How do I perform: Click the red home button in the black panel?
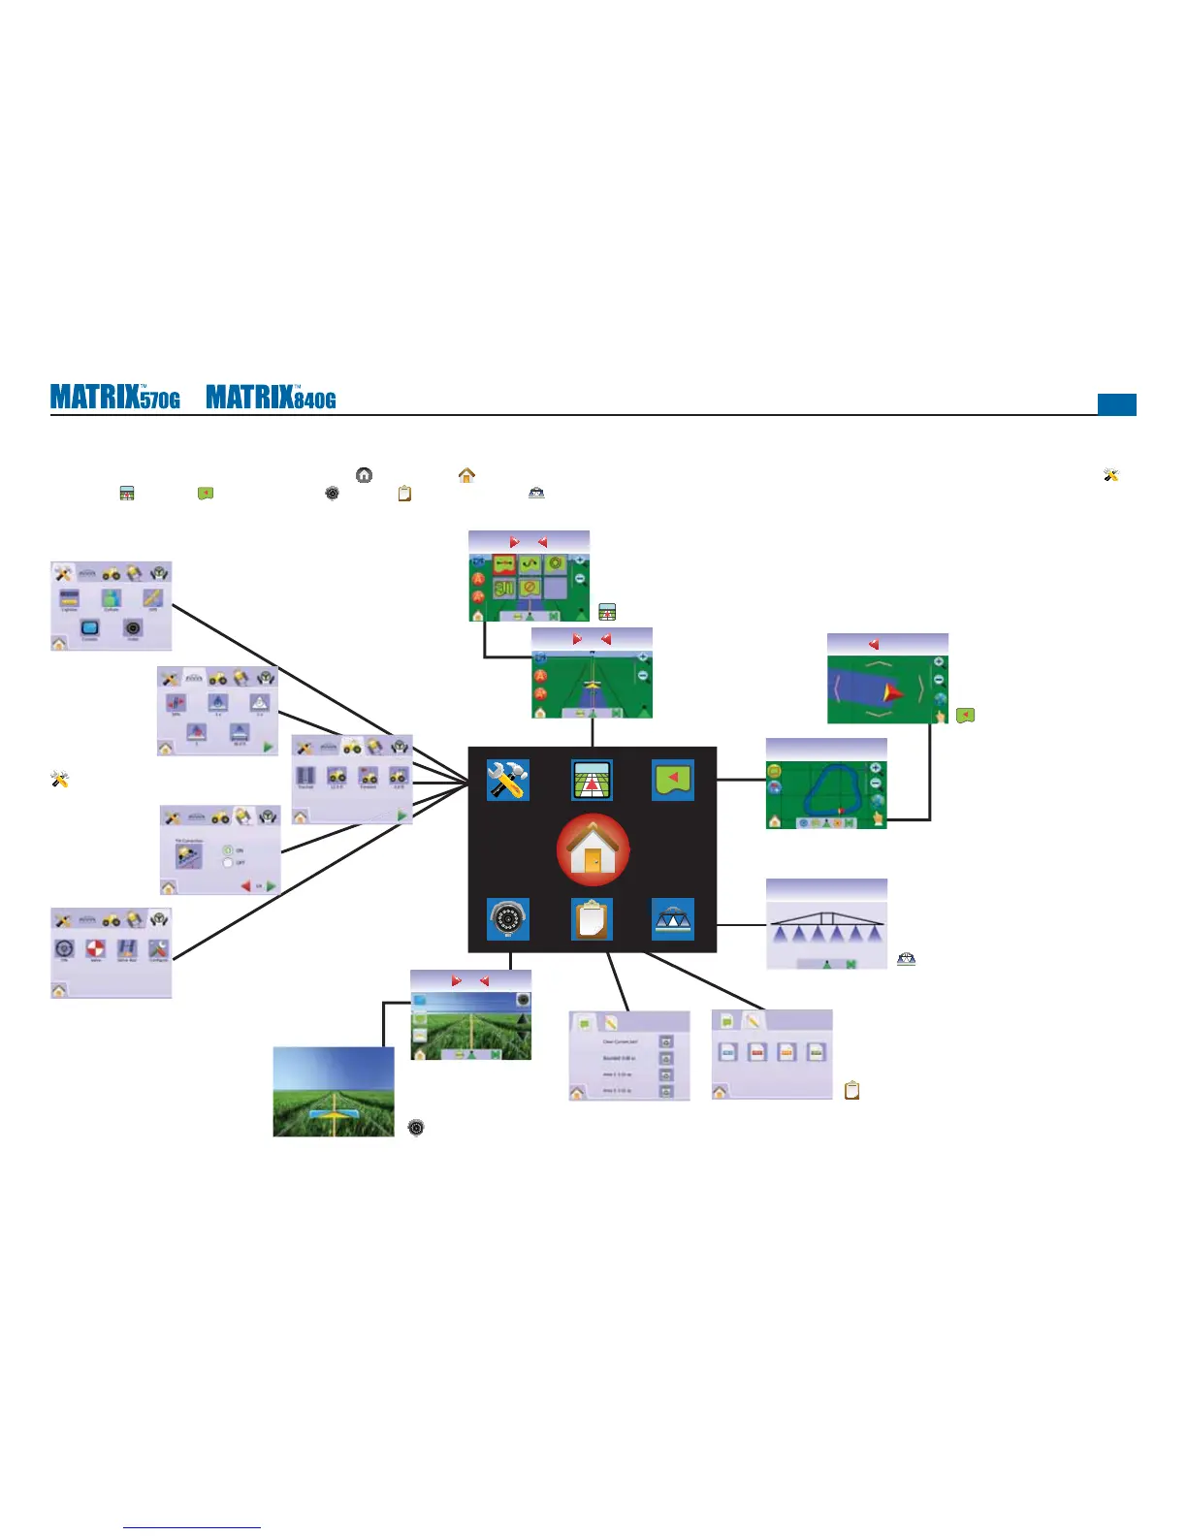[593, 850]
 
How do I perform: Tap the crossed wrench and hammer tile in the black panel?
[507, 780]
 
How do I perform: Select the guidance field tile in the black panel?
[592, 780]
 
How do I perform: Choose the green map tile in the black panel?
[673, 780]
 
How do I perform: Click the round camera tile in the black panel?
[507, 919]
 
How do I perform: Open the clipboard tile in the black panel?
[592, 919]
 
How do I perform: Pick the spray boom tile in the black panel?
[673, 919]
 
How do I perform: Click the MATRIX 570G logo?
[115, 398]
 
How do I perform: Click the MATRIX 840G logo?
[272, 398]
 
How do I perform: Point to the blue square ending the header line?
[1116, 404]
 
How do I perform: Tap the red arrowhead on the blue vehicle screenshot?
[892, 692]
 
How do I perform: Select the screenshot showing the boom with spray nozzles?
[826, 924]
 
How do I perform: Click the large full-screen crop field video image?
[334, 1091]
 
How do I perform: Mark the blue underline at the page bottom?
[192, 1528]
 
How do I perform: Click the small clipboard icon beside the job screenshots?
[852, 1090]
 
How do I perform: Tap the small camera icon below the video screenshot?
[416, 1127]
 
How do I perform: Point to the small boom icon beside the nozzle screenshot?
[906, 959]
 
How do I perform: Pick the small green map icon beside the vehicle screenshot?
[965, 716]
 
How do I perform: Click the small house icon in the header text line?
[466, 475]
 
